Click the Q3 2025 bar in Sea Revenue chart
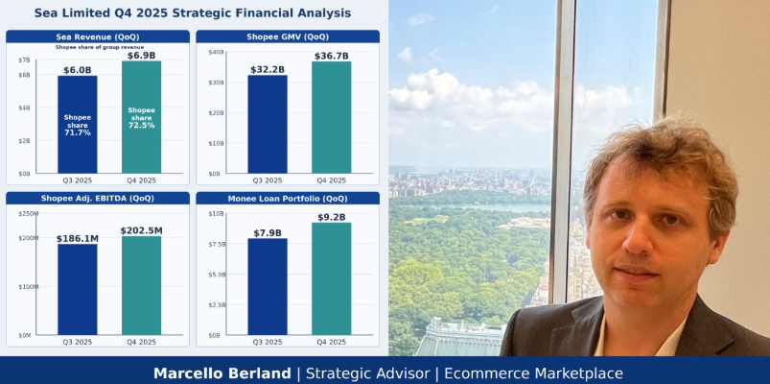77,125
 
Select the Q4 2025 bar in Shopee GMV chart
331,117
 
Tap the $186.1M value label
77,239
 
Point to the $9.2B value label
331,217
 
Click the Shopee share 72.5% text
141,118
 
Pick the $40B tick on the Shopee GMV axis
216,52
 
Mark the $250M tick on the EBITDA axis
29,214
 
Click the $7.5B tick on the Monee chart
217,245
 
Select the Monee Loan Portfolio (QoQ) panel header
288,199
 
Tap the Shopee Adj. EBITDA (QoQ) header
97,199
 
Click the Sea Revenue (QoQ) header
97,36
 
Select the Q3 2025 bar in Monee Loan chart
268,287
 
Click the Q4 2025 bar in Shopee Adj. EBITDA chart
141,286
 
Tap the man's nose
639,238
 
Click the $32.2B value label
268,70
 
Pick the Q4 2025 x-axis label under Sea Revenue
141,180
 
